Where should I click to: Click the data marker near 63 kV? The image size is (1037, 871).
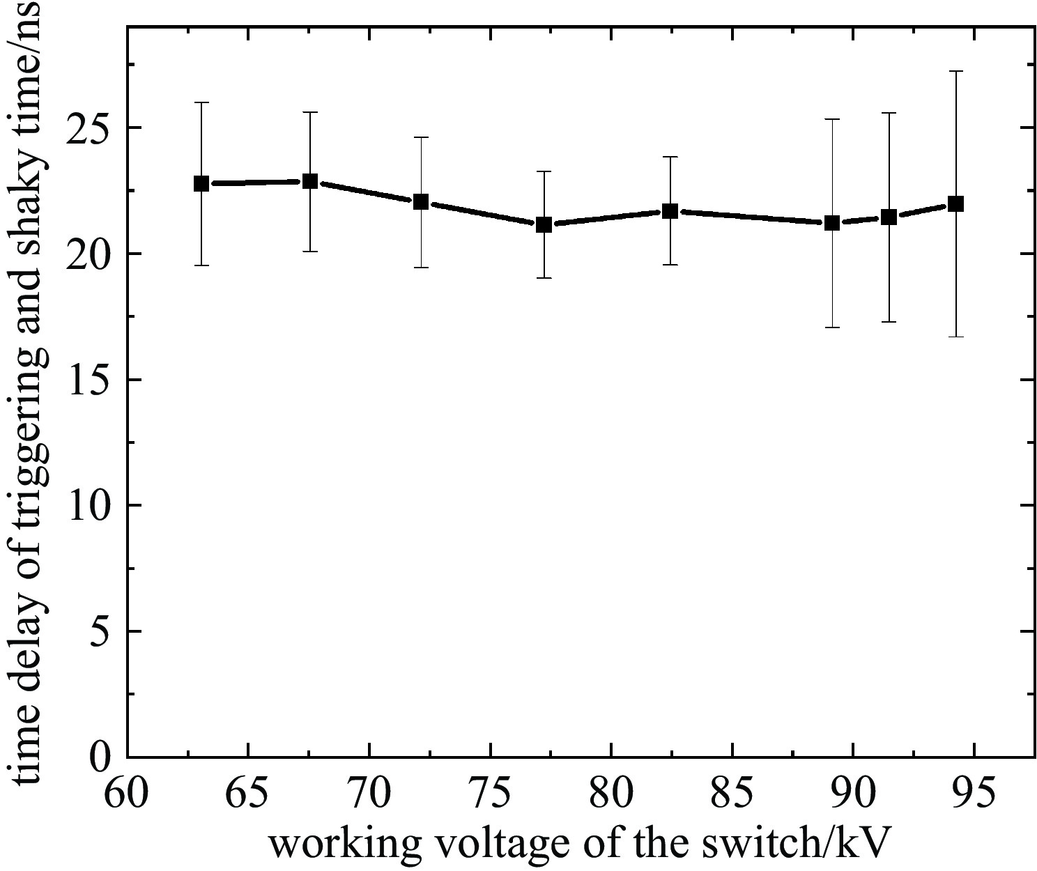point(201,184)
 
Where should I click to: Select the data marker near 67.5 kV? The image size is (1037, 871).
point(310,182)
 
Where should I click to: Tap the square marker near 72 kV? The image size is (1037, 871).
point(421,202)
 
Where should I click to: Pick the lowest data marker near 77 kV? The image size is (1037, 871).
point(544,225)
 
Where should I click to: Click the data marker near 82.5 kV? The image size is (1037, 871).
point(670,211)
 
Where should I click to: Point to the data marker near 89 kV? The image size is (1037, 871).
point(831,224)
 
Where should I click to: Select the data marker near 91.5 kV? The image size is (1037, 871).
point(889,217)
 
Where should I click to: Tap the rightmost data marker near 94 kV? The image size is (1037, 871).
point(956,204)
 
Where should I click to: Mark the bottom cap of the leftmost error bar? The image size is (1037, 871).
point(201,265)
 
